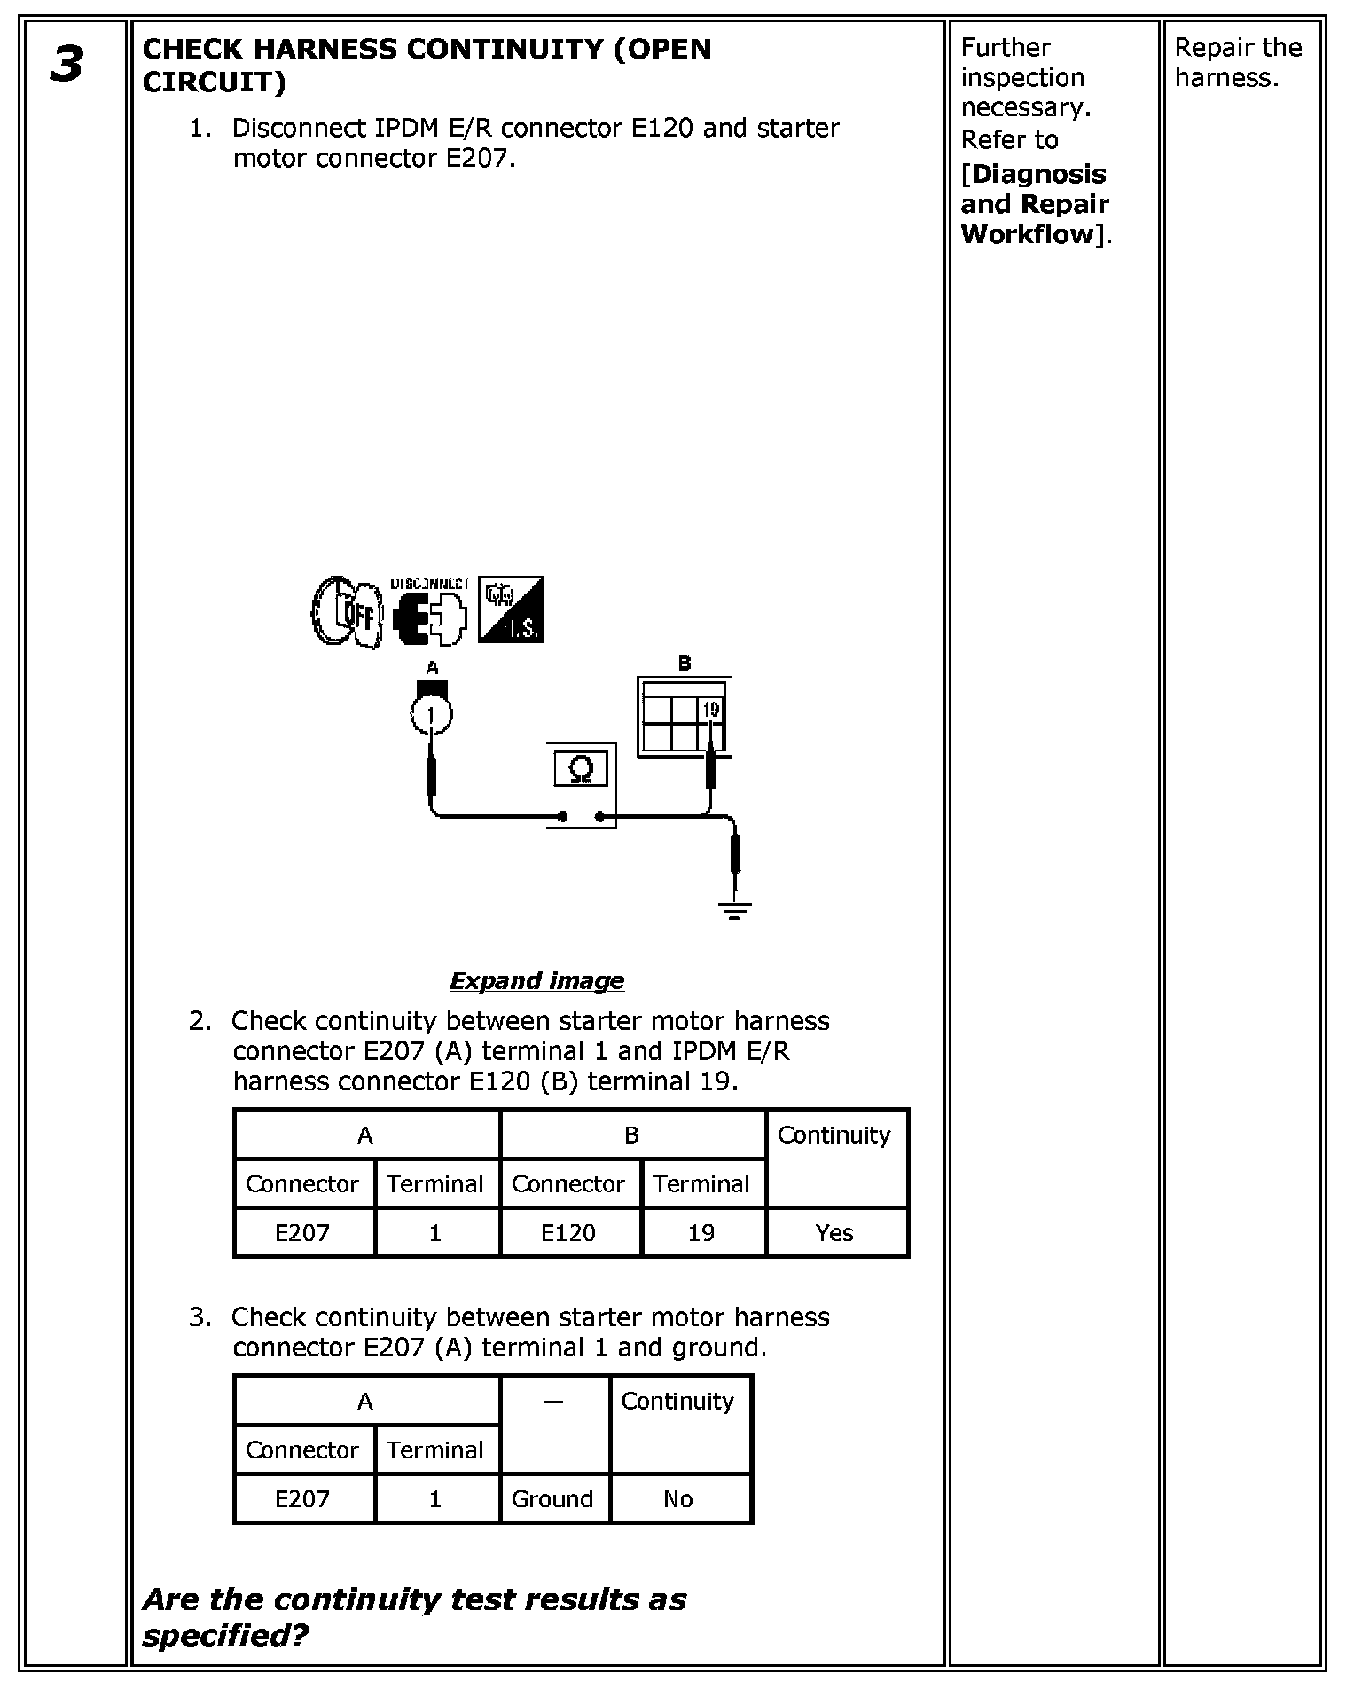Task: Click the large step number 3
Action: (67, 66)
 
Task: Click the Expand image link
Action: (536, 980)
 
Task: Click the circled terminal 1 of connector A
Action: (431, 715)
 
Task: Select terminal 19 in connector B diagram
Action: (710, 710)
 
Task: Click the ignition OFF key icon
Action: (348, 611)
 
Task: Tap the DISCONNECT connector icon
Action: (429, 614)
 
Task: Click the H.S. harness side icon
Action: (510, 609)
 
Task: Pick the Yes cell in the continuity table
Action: (834, 1232)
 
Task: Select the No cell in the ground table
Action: (678, 1498)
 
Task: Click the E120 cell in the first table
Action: (568, 1232)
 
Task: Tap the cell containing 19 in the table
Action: (701, 1232)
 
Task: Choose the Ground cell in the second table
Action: (552, 1498)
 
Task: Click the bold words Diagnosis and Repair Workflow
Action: (1034, 204)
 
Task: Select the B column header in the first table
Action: (631, 1135)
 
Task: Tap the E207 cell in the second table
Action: (302, 1498)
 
